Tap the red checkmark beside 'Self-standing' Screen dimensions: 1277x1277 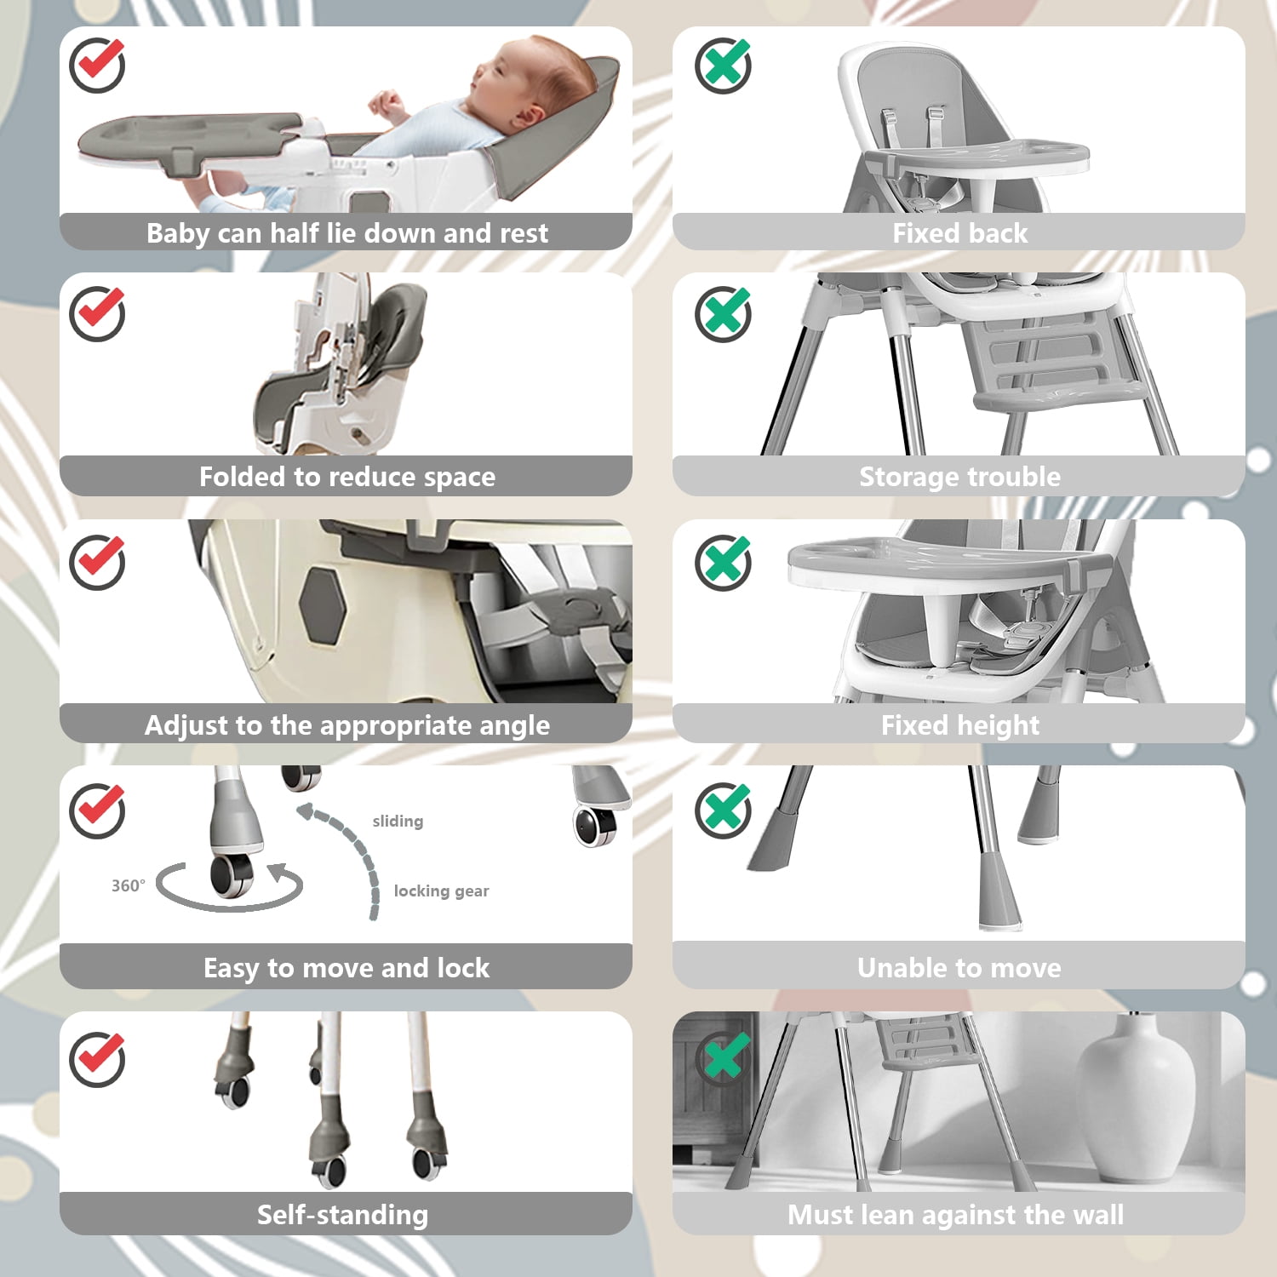[97, 1058]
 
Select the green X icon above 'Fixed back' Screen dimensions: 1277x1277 [723, 66]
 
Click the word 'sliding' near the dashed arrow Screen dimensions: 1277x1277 [398, 821]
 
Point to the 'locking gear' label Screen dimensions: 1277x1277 [441, 891]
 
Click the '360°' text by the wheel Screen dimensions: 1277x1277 [129, 885]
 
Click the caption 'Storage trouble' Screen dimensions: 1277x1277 [959, 477]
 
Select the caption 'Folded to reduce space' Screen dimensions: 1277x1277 [346, 477]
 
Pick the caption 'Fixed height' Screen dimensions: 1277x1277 [959, 725]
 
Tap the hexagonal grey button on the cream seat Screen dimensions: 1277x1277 [324, 605]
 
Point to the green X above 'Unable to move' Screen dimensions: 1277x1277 [723, 810]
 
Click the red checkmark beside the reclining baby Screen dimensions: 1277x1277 [97, 65]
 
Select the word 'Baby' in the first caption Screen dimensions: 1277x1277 [178, 233]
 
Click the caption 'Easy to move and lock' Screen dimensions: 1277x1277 [346, 968]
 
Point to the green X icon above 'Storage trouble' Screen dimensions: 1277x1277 [723, 314]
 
